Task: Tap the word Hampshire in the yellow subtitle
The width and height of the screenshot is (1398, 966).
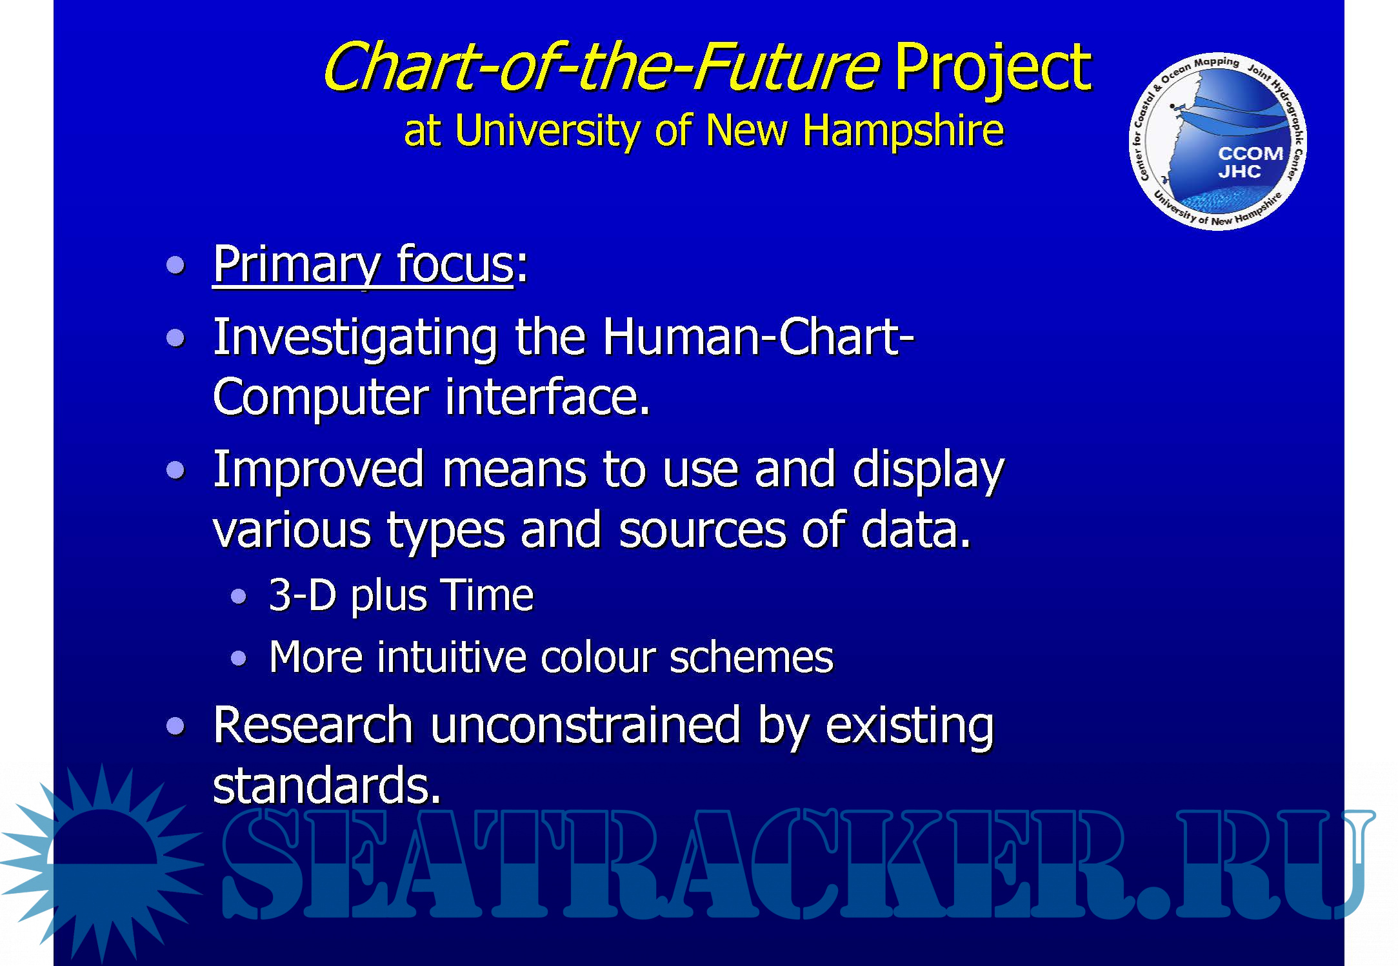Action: pos(903,132)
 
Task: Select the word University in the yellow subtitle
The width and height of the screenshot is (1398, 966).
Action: pos(546,132)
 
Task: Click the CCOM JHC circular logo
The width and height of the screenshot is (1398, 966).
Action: pos(1217,141)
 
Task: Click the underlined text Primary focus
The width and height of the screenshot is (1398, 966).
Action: pos(363,265)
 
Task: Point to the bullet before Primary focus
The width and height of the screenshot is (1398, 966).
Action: pos(175,264)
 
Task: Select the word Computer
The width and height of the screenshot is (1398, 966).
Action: pos(321,399)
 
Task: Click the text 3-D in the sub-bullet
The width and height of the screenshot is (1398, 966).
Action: pos(303,595)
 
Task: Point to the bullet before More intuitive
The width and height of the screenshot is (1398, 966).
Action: pos(239,658)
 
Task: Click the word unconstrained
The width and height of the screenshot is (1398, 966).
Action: pos(585,725)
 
